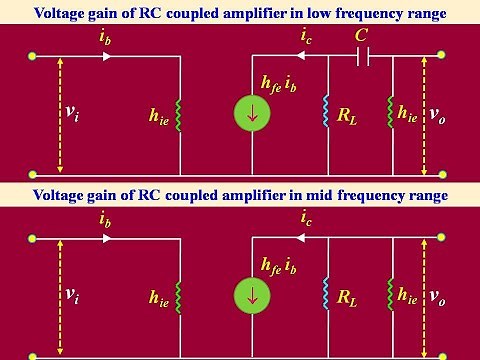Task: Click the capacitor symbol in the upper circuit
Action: pyautogui.click(x=362, y=59)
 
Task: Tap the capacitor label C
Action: pyautogui.click(x=362, y=38)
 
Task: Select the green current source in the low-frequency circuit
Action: pyautogui.click(x=252, y=115)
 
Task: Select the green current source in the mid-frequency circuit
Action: pyautogui.click(x=252, y=296)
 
